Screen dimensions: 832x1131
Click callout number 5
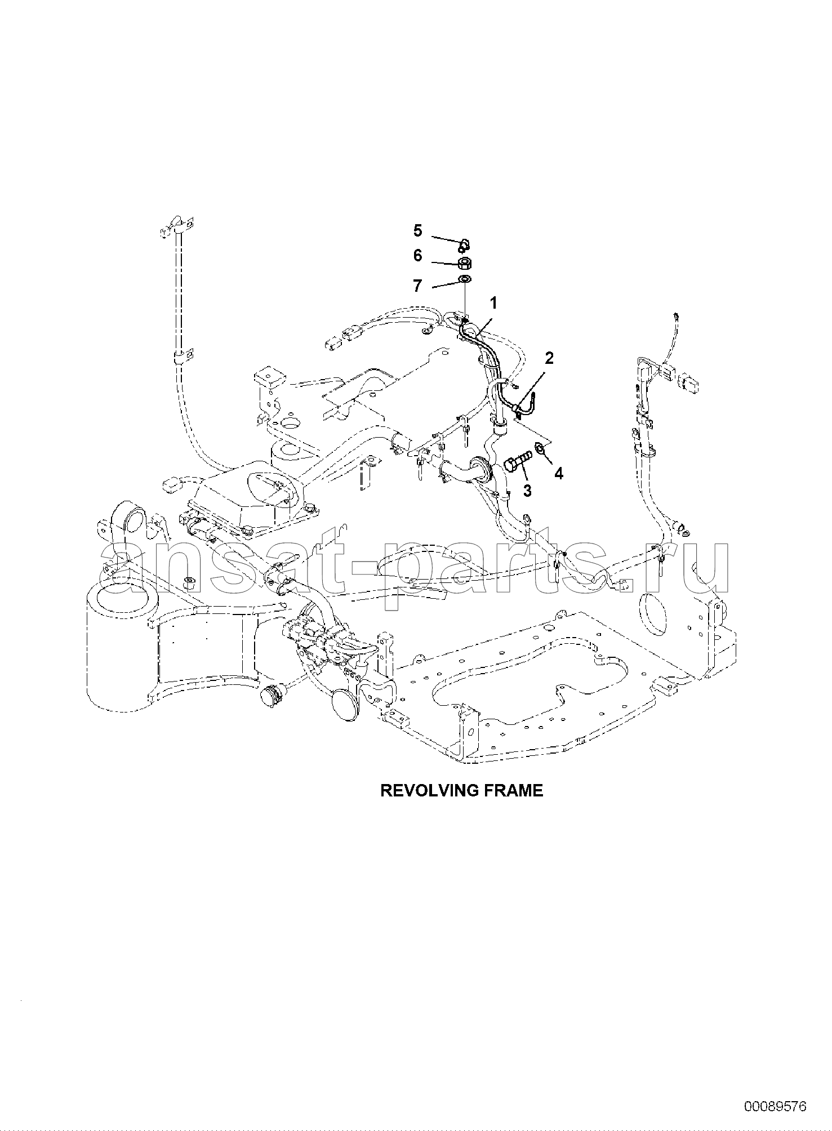pos(417,230)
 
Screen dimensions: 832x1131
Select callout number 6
pos(417,256)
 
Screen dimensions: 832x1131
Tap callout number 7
pos(417,286)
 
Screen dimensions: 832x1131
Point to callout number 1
pos(493,304)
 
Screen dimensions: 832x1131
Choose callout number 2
pos(549,358)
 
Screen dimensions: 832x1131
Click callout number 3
pos(527,491)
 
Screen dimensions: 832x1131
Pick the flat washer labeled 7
pos(465,279)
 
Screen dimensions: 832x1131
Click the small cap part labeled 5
pos(463,244)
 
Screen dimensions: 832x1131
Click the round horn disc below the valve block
pos(346,702)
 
